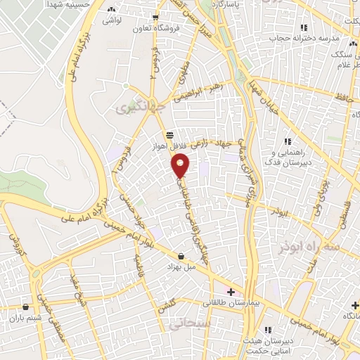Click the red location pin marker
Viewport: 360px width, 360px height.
click(180, 167)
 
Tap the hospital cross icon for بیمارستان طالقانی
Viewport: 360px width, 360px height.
click(231, 291)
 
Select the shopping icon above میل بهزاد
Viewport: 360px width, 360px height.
click(182, 257)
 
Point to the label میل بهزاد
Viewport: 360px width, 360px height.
click(180, 268)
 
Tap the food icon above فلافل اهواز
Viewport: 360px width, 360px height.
click(169, 135)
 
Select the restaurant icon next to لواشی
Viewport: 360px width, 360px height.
click(112, 10)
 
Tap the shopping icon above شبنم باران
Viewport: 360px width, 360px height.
click(25, 306)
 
